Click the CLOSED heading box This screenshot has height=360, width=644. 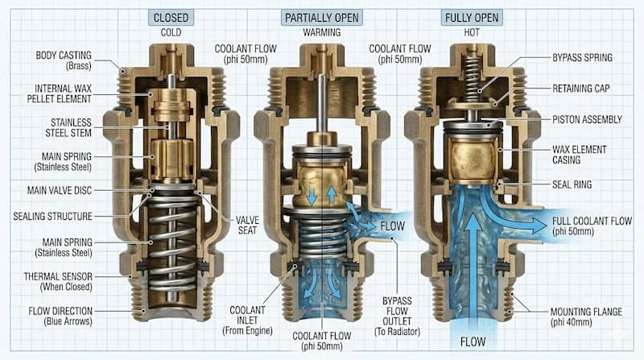(171, 18)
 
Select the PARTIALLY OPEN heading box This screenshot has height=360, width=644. (321, 18)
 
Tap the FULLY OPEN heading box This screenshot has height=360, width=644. (472, 18)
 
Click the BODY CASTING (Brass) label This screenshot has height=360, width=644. (64, 60)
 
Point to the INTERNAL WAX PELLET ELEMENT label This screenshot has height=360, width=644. (59, 93)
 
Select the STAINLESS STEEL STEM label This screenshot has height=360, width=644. (68, 128)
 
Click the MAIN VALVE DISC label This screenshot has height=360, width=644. (60, 190)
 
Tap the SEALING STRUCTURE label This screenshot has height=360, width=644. (52, 216)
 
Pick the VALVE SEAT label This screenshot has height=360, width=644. (247, 226)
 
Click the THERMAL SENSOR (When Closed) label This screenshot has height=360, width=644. (58, 282)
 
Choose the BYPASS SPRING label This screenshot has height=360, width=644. (582, 57)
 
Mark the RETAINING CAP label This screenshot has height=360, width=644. (580, 89)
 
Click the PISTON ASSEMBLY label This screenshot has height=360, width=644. (587, 119)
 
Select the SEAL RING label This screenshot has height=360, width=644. (572, 184)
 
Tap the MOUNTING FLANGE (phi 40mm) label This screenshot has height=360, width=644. (586, 317)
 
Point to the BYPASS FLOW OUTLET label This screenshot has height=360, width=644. (397, 316)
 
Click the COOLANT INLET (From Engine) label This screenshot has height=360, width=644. (247, 321)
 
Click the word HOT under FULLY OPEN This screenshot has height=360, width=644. (472, 32)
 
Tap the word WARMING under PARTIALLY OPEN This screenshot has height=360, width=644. (321, 32)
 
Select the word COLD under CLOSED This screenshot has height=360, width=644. (171, 32)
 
